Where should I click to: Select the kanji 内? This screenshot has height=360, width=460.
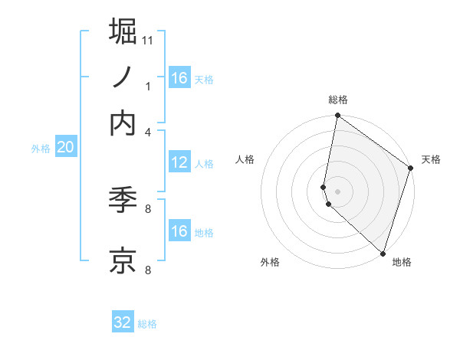[123, 123]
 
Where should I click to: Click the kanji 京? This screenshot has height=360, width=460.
[123, 260]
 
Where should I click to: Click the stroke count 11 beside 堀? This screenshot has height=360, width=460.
[148, 39]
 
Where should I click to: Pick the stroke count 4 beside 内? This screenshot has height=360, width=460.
[148, 131]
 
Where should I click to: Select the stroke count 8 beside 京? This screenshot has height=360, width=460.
[148, 270]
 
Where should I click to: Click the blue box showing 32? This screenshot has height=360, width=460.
[123, 322]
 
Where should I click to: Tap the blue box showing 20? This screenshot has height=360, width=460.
[65, 148]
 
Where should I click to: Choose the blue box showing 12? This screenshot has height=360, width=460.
[179, 162]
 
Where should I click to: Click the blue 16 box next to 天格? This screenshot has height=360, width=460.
[179, 78]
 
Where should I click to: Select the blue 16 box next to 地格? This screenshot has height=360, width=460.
[179, 231]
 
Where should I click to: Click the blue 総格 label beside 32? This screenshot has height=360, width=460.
[147, 324]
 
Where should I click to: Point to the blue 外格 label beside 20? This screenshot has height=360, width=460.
[40, 149]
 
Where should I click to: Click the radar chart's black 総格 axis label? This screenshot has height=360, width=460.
[337, 100]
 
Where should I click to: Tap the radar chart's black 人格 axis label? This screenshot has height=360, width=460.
[245, 159]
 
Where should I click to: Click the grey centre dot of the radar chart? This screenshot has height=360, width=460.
[337, 191]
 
